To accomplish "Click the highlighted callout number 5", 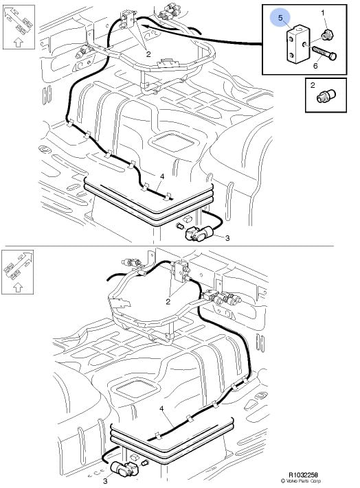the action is (x=280, y=18).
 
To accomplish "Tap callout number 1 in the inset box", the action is (x=323, y=13).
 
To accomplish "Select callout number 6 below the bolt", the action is (x=315, y=66).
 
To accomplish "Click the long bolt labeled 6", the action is (x=324, y=54).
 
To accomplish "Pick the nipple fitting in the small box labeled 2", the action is (x=326, y=95).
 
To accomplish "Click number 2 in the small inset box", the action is (x=313, y=85).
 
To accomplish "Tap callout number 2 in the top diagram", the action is (x=148, y=54).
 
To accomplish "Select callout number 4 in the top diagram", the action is (x=162, y=177).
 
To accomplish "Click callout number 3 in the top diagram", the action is (x=227, y=238).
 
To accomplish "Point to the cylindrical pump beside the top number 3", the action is (x=199, y=233).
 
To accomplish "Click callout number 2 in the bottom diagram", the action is (x=168, y=301).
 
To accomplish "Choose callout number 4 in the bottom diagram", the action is (x=161, y=408).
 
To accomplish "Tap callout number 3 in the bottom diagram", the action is (x=105, y=481).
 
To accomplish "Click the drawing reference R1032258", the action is (x=303, y=475).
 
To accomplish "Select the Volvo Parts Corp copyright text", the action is (x=300, y=481).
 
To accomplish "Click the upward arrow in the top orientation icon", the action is (x=18, y=42).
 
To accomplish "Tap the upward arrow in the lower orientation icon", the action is (x=18, y=288).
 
